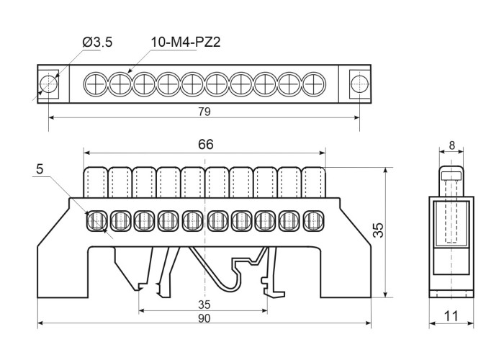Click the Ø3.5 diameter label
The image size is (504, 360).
point(98,42)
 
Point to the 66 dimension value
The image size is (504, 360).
point(206,144)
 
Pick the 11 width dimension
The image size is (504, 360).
point(452,315)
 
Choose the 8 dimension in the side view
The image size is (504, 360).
point(451,145)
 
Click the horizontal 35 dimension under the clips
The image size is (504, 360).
point(204,304)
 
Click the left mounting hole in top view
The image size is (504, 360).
point(48,84)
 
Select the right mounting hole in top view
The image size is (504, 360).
point(359,84)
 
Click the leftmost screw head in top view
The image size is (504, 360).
point(96,84)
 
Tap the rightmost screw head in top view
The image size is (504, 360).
point(313,84)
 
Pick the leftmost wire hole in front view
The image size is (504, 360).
point(96,220)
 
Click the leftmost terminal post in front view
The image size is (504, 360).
point(96,183)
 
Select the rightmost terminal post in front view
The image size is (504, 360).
point(314,183)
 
